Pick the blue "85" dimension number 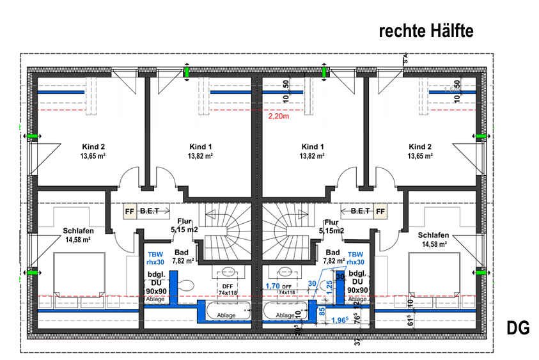322,312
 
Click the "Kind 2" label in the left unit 93,146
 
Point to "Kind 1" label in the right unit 313,146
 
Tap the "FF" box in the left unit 129,210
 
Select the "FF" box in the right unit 381,210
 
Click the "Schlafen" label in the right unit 434,235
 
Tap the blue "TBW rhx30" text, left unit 155,258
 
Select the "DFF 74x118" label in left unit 228,289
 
